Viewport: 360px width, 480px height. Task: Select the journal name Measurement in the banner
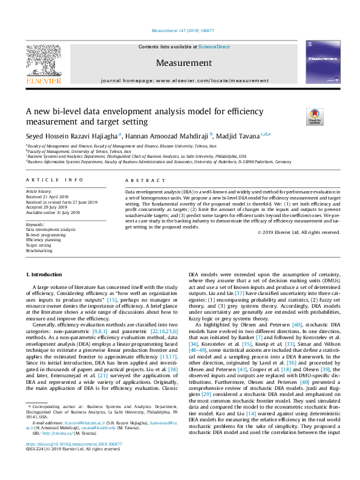click(184, 63)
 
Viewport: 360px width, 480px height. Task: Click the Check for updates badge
click(314, 115)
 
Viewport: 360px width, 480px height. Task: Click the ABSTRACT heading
click(140, 180)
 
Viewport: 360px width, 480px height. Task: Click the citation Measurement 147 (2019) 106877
click(180, 30)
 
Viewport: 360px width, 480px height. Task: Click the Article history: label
click(38, 191)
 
